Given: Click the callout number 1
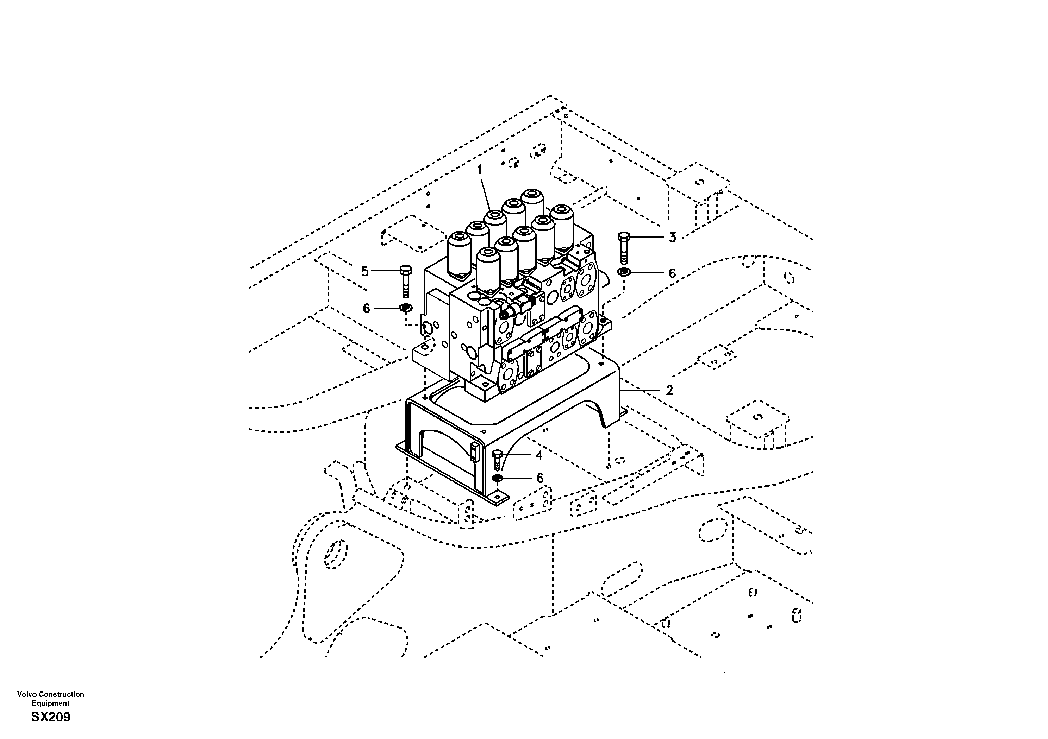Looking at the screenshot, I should tap(479, 170).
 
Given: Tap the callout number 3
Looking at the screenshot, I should tap(672, 237).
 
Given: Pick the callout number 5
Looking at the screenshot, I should tap(364, 271).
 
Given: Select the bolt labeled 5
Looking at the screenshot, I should tap(405, 280).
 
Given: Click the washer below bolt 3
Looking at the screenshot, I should tap(624, 273).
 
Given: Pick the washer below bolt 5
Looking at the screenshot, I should tap(405, 308).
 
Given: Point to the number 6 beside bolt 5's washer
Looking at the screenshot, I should tap(366, 309).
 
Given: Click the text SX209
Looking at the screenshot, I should tap(51, 718).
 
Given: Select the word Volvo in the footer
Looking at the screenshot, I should tap(26, 694).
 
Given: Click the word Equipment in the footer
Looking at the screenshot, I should tap(51, 703).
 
